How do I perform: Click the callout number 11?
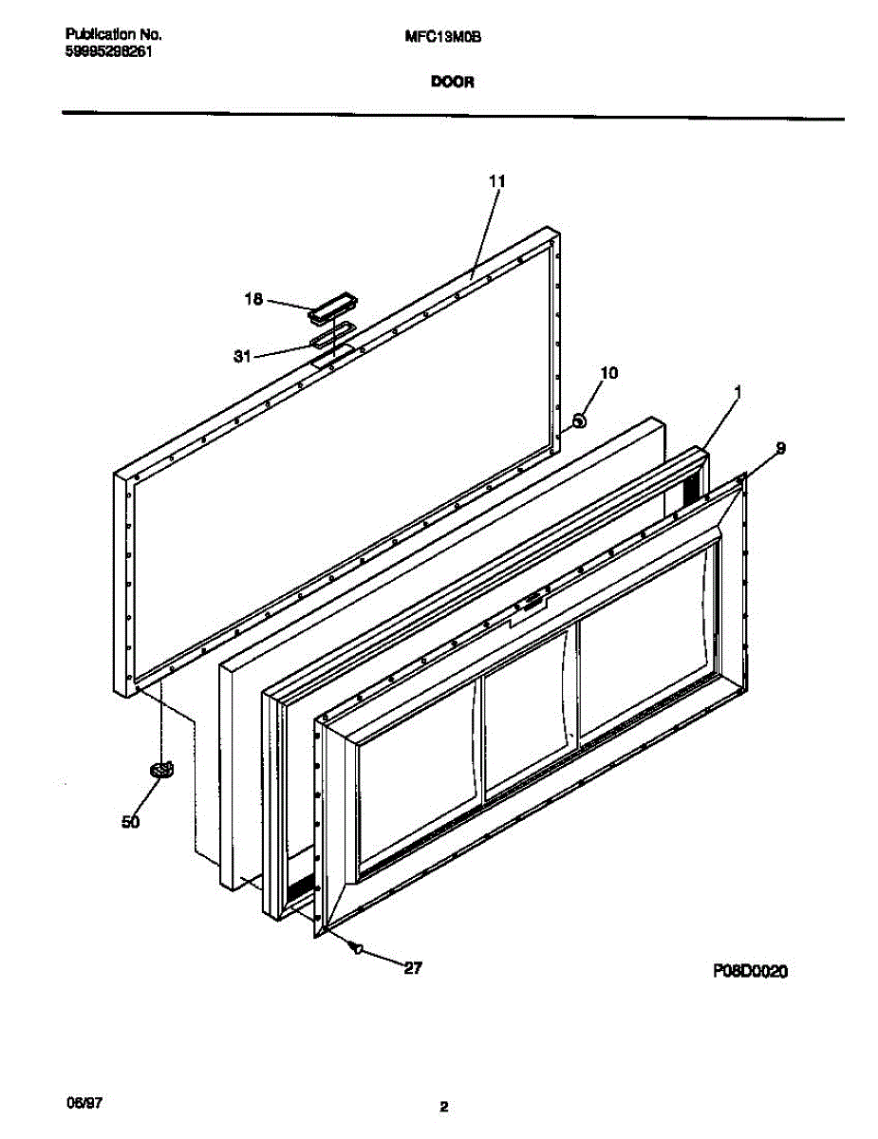(x=497, y=180)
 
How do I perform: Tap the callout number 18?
(x=252, y=300)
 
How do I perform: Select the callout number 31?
(x=242, y=357)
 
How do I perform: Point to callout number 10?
(x=608, y=374)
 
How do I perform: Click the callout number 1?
(x=738, y=390)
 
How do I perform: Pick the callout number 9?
(x=779, y=447)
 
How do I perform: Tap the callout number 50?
(x=131, y=822)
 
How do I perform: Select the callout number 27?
(x=412, y=968)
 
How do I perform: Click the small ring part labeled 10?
(x=579, y=419)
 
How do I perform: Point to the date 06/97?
(x=84, y=1104)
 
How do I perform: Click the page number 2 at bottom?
(x=443, y=1106)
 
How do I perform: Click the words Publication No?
(x=114, y=35)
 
